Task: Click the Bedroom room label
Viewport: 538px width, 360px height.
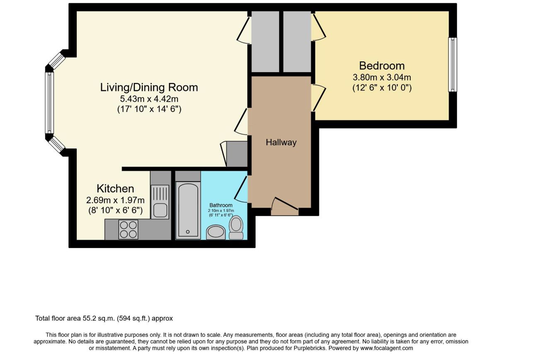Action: tap(382, 66)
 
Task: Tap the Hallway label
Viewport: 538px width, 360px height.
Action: tap(281, 142)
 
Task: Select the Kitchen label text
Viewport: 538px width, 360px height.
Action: tap(115, 189)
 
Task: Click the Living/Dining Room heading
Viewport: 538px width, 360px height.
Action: tap(149, 87)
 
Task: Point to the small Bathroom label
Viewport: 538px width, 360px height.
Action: tap(221, 205)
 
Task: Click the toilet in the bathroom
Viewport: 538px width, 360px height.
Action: tap(236, 227)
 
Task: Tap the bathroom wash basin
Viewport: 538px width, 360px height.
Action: tap(216, 232)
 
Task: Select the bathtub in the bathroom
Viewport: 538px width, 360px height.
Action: tap(188, 210)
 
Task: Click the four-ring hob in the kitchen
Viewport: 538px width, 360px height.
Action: tap(128, 230)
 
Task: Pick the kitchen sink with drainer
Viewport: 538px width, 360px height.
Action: tap(160, 202)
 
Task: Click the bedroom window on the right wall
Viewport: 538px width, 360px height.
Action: tap(453, 65)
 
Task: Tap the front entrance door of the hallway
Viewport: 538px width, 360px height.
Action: tap(285, 207)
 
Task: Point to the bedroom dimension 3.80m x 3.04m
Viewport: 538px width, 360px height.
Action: tap(382, 77)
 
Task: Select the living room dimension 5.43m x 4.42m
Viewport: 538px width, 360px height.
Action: tap(149, 99)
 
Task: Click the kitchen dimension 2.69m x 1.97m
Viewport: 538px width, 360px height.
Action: tap(115, 200)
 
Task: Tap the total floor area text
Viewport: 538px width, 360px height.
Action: tap(104, 319)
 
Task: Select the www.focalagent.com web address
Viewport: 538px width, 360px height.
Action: tap(387, 348)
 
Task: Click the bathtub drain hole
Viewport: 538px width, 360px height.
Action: tap(188, 232)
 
